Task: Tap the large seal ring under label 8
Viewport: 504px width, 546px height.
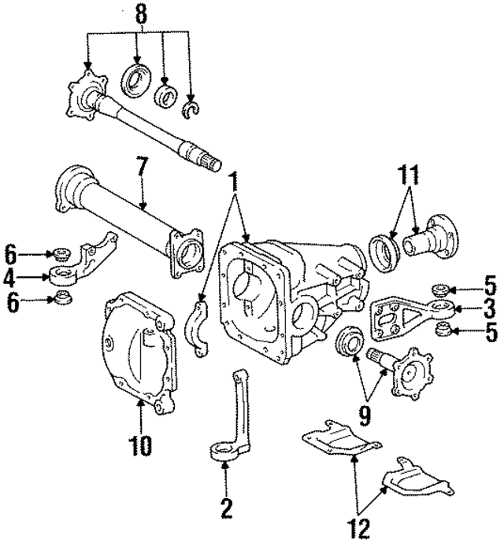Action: coord(135,80)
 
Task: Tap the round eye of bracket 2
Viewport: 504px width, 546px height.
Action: coord(224,452)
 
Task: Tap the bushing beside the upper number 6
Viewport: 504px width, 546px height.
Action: coord(57,253)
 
